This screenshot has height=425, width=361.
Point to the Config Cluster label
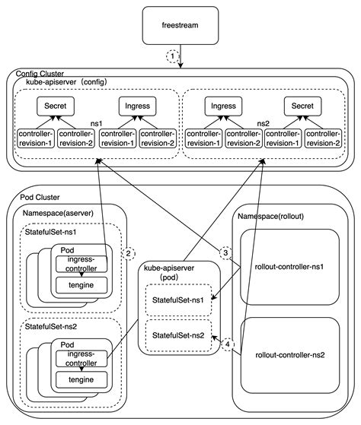tap(36, 73)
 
